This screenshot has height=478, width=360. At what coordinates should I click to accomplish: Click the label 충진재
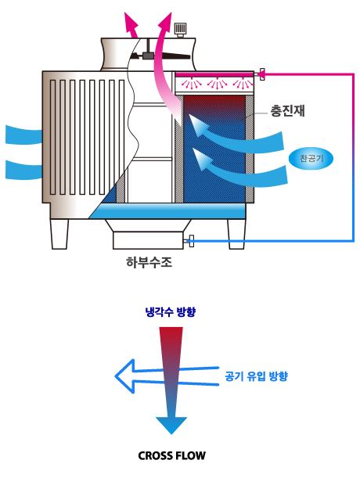[287, 111]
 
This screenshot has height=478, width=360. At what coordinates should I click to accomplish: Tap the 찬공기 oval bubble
[311, 159]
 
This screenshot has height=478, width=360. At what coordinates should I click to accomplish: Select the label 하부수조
[149, 262]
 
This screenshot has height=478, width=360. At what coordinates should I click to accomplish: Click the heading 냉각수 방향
[171, 312]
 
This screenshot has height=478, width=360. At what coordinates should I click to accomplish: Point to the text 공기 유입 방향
[256, 376]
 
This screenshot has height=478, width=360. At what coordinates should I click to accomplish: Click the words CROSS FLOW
[171, 456]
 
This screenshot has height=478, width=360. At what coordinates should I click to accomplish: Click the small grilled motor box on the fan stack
[180, 30]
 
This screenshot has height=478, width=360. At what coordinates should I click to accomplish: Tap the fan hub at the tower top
[148, 56]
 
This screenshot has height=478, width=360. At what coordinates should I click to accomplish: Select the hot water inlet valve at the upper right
[261, 74]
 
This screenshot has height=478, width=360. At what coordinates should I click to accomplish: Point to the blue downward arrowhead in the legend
[171, 425]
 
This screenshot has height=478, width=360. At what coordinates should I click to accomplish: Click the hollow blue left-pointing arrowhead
[125, 376]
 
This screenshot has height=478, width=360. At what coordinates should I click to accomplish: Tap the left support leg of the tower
[59, 234]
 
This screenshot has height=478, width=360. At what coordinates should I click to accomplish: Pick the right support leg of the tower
[236, 234]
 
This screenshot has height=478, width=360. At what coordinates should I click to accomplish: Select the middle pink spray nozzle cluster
[217, 83]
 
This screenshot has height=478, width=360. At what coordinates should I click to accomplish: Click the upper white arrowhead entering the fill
[197, 124]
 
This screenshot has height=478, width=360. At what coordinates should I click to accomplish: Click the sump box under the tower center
[148, 240]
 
